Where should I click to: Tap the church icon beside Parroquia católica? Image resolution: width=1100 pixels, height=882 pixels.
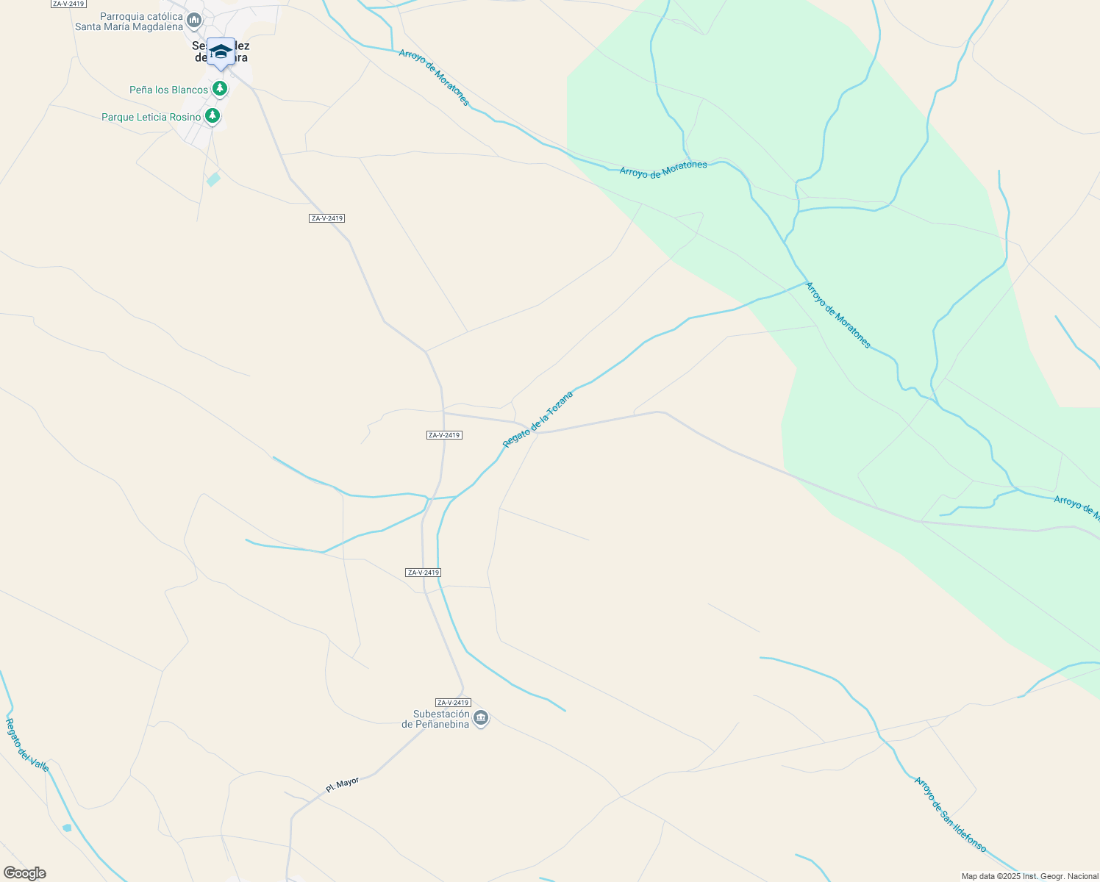coord(194,21)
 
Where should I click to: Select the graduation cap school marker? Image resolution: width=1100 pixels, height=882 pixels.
coord(221,52)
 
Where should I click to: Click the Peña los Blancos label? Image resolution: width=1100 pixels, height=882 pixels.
coord(168,90)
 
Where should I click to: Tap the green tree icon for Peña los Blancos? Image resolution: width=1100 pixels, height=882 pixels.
coord(219,89)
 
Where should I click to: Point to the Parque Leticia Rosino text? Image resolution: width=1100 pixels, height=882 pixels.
coord(151,118)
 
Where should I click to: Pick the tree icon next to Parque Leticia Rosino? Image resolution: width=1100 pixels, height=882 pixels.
coord(213,115)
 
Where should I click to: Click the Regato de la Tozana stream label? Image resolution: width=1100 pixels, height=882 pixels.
coord(537,420)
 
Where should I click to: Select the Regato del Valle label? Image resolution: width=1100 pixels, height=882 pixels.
coord(27,745)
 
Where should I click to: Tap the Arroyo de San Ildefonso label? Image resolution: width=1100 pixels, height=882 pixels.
coord(950,814)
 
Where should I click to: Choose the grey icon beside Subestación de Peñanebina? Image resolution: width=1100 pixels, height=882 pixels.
coord(481,718)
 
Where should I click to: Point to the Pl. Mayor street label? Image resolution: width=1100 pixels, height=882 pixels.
coord(343,785)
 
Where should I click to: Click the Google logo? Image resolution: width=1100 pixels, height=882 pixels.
coord(24,873)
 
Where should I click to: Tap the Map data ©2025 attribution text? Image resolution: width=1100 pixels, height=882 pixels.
coord(1029,876)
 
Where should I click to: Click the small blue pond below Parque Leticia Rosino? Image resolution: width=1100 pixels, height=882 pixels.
coord(213,179)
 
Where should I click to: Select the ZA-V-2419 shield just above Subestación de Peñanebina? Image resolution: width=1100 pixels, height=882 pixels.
coord(453,703)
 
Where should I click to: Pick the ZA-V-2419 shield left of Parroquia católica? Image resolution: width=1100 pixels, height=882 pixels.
coord(68,4)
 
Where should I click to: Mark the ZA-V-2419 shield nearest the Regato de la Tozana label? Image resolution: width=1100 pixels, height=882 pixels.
coord(444,435)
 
